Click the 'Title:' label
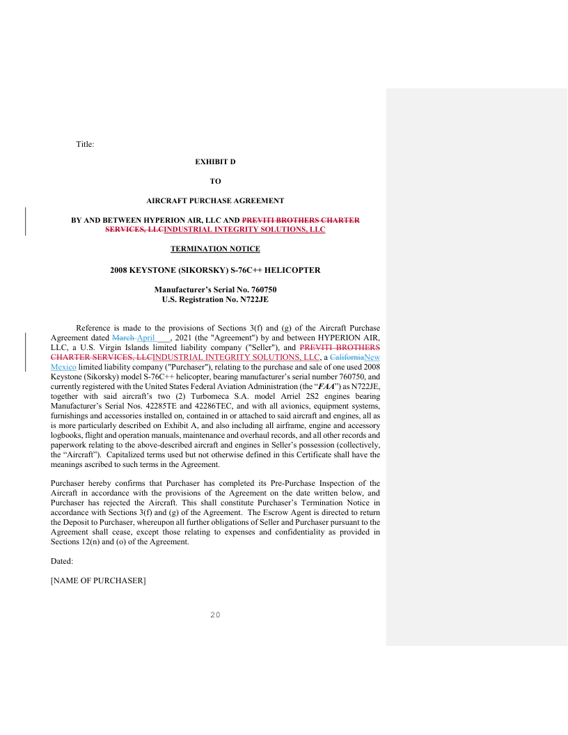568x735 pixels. coord(85,144)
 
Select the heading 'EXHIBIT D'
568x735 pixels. coord(215,161)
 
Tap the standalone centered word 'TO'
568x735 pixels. coord(215,181)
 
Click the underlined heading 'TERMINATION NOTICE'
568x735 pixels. coord(215,248)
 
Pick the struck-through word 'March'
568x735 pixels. coord(123,338)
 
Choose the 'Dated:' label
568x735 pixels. coord(62,560)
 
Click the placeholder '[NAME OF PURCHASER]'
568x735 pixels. coord(98,580)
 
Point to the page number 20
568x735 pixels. coord(215,615)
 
